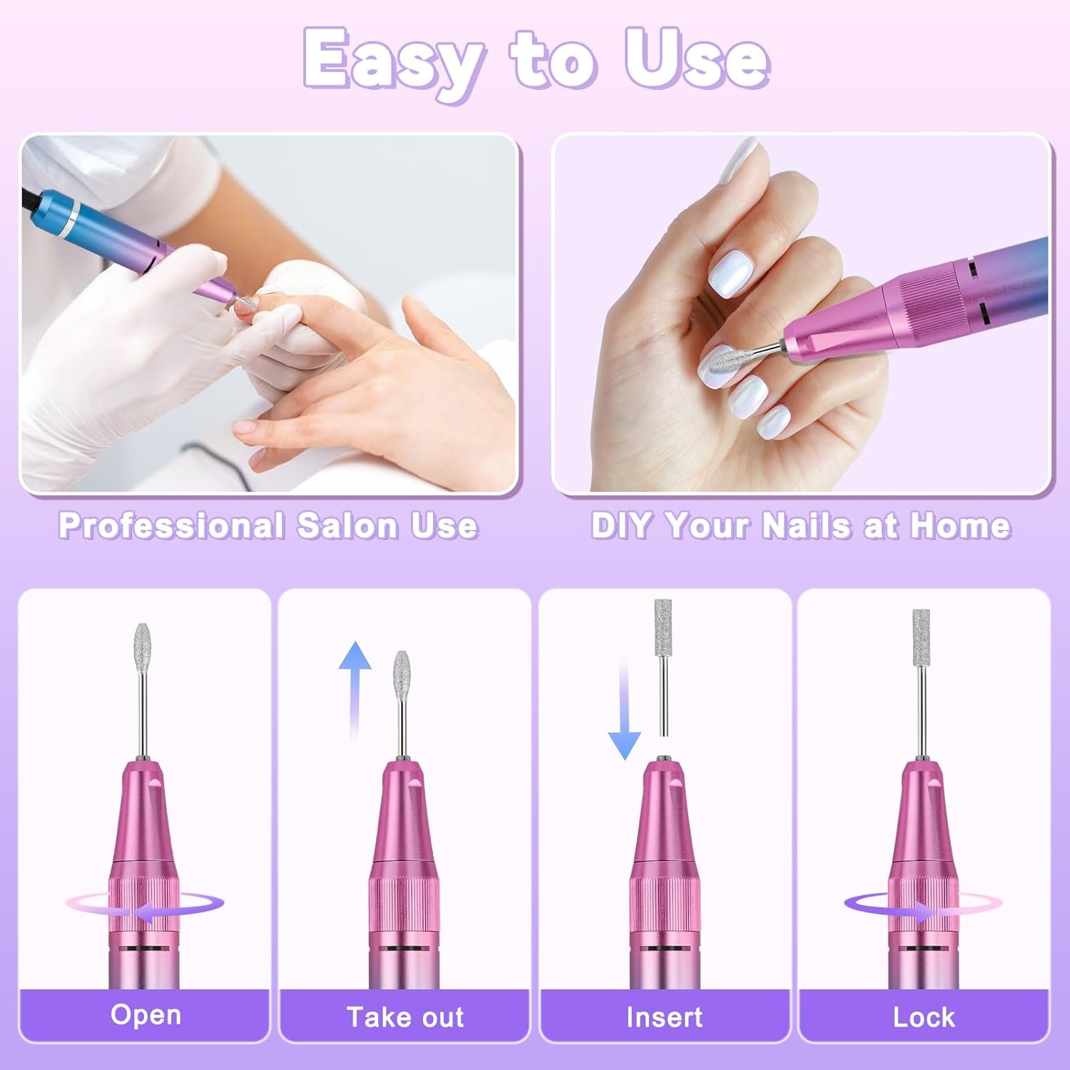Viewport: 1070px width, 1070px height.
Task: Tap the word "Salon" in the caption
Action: click(x=347, y=526)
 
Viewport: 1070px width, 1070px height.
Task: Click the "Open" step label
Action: click(x=146, y=1014)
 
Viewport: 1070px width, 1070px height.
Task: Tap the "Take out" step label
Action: click(x=405, y=1017)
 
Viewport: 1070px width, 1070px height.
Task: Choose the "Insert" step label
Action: click(x=664, y=1017)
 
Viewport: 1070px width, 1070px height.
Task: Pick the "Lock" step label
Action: click(x=924, y=1017)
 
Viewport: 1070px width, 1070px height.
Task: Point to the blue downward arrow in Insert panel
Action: click(x=625, y=713)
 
